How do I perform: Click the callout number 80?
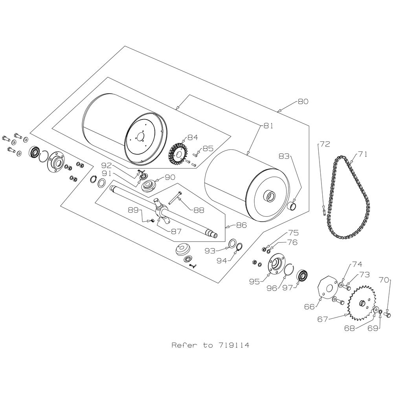point(303,101)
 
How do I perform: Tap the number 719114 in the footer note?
point(231,345)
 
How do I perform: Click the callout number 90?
point(169,178)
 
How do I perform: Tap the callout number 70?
point(384,281)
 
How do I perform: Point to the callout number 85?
point(208,149)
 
